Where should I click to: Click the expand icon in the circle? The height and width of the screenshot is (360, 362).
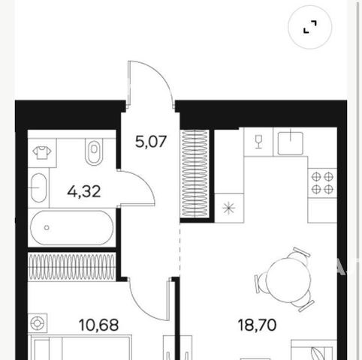tap(309, 27)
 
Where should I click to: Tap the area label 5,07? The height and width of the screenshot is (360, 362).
tap(151, 142)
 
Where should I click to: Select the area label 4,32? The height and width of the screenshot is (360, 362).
tap(84, 192)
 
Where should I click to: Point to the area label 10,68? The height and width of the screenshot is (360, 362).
tap(98, 325)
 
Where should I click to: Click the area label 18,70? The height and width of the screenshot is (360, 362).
tap(258, 325)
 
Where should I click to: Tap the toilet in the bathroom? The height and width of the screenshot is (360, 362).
tap(94, 151)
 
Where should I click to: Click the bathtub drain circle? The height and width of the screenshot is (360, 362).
tap(47, 228)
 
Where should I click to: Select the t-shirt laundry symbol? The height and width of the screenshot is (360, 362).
tap(42, 153)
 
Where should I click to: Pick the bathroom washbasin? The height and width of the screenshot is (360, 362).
tap(38, 187)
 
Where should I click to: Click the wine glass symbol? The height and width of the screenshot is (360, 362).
tap(258, 142)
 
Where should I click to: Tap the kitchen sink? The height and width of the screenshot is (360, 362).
tap(291, 142)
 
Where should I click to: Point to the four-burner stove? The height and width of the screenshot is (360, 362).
tap(322, 183)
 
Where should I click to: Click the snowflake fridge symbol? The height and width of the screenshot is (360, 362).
tap(229, 208)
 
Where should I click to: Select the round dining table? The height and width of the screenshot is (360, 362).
tap(288, 280)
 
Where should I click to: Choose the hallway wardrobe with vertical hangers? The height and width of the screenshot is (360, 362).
tap(195, 173)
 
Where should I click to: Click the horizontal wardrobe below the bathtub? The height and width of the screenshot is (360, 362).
tap(72, 267)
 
